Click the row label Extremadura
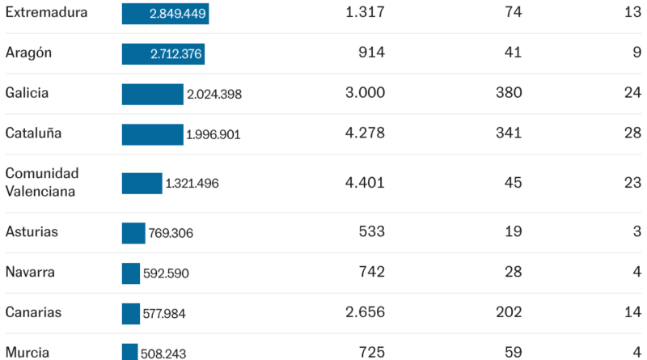[x=46, y=12]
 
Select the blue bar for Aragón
[x=163, y=54]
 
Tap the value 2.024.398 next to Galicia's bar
[x=214, y=94]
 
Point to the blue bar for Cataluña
[x=152, y=134]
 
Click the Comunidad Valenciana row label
[x=42, y=183]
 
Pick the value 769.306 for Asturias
[x=171, y=233]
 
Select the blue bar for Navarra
[x=131, y=273]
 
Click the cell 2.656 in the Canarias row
[x=365, y=312]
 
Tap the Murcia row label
[x=27, y=353]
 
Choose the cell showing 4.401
[x=365, y=183]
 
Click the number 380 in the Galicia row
[x=509, y=92]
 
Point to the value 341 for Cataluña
[x=509, y=133]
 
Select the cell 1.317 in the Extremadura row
[x=365, y=12]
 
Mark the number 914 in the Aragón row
[x=371, y=53]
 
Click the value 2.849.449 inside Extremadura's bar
[x=177, y=14]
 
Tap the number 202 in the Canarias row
[x=509, y=312]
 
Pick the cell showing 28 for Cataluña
[x=632, y=133]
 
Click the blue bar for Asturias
[x=133, y=233]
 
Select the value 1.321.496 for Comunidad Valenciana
[x=192, y=184]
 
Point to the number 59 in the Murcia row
[x=513, y=353]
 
